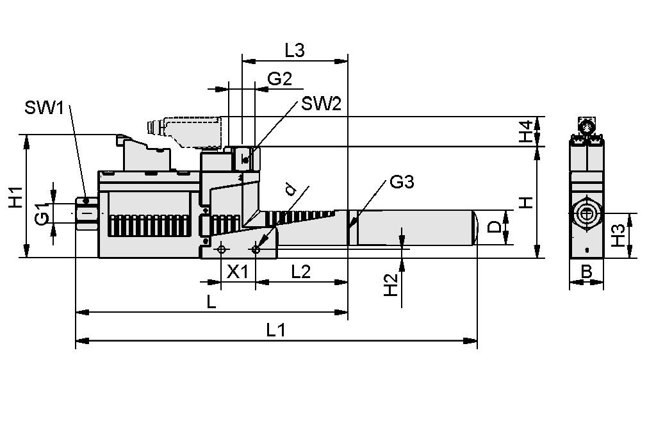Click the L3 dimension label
(294, 50)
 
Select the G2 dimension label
(279, 79)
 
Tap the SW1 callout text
(44, 107)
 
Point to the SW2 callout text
(321, 104)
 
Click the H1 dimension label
(15, 197)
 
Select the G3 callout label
(401, 182)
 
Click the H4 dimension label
(526, 131)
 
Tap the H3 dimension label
(617, 236)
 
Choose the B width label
(586, 272)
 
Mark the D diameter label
(495, 227)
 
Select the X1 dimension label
(238, 272)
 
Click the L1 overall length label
(275, 330)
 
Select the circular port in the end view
(586, 213)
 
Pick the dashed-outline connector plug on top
(189, 131)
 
